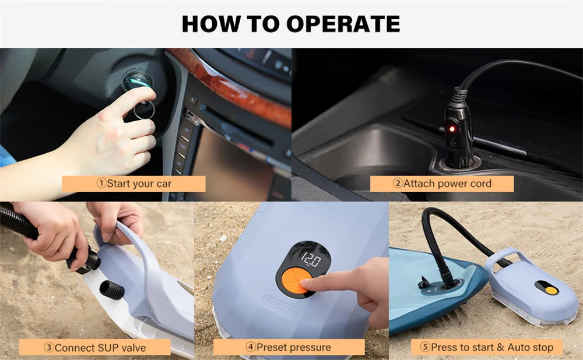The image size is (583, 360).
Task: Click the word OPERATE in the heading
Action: [343, 24]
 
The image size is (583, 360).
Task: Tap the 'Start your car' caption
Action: [134, 183]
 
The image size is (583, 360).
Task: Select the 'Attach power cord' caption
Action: [442, 183]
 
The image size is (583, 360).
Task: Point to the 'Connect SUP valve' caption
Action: [95, 348]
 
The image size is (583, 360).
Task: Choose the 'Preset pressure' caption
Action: [289, 347]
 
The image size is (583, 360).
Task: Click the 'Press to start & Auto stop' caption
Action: [487, 347]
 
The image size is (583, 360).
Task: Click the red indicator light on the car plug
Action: [452, 129]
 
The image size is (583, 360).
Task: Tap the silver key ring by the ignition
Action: [144, 110]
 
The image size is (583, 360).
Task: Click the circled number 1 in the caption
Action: [101, 183]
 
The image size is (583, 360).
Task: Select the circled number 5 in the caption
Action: [425, 347]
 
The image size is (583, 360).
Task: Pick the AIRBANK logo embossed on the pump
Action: [282, 306]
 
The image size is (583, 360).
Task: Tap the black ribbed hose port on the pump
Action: [111, 290]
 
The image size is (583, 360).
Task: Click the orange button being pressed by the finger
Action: [297, 281]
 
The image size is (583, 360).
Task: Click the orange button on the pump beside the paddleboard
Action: [552, 291]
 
